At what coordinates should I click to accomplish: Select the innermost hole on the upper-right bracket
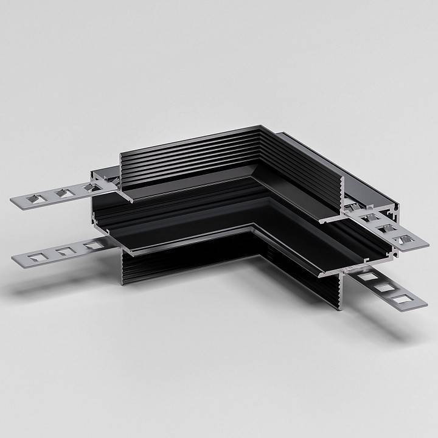(367, 217)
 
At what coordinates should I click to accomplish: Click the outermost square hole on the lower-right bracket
(401, 298)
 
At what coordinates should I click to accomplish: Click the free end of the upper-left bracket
(15, 202)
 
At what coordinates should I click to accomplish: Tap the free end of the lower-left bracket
(16, 260)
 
